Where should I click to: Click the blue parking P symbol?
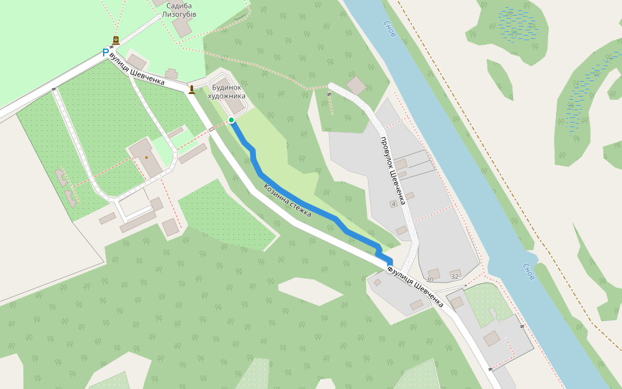click(106, 53)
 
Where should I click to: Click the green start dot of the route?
click(231, 120)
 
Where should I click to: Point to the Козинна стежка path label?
click(287, 200)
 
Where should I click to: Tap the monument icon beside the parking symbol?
click(115, 41)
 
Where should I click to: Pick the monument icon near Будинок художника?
click(191, 89)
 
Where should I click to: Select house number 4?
click(393, 204)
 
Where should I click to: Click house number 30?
click(430, 279)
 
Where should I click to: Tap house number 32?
click(454, 277)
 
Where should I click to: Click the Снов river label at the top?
click(389, 30)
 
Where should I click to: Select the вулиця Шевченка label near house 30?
click(417, 286)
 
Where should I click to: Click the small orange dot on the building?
click(146, 157)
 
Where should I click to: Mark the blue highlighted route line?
click(305, 204)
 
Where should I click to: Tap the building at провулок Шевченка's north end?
click(356, 85)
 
